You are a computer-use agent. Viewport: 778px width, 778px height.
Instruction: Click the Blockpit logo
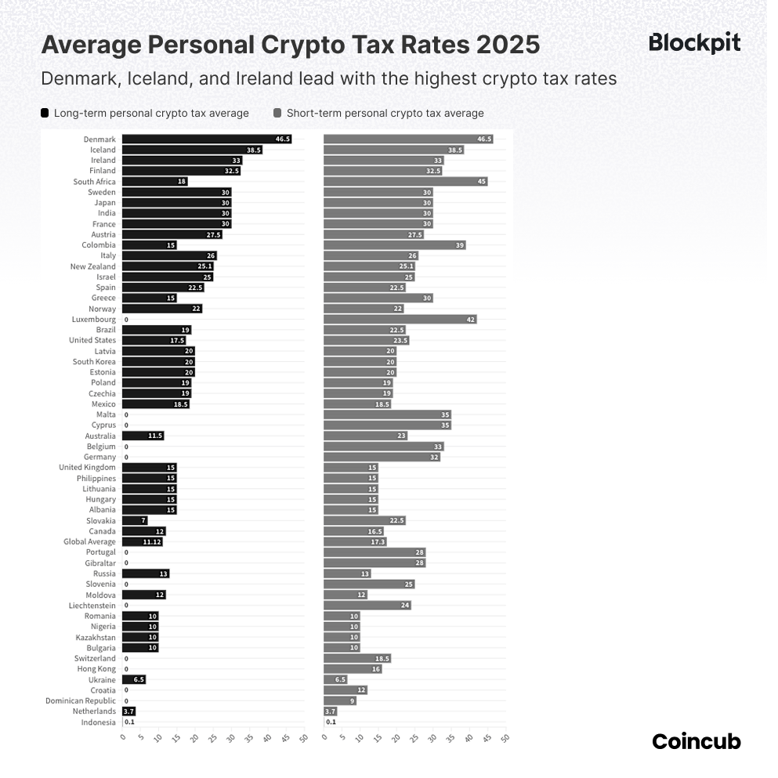[x=694, y=43]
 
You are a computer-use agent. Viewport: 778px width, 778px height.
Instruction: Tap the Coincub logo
[x=696, y=741]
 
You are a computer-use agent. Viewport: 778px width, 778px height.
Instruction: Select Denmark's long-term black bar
[x=206, y=139]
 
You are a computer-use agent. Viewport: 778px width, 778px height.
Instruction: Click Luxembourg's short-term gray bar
[x=400, y=320]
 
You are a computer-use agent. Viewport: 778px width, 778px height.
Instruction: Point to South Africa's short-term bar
[x=405, y=182]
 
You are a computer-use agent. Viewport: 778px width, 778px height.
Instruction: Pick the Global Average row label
[x=89, y=542]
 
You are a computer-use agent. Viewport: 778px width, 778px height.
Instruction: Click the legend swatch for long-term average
[x=45, y=113]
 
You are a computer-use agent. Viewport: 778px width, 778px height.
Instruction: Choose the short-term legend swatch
[x=277, y=113]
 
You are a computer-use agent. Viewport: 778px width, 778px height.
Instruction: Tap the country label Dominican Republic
[x=81, y=701]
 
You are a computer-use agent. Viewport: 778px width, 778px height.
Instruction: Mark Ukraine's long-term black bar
[x=133, y=680]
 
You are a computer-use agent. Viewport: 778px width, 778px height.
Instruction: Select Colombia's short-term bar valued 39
[x=394, y=245]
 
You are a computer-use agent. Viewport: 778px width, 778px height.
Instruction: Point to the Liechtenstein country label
[x=92, y=606]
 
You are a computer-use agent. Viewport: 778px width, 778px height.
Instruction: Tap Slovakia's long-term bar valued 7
[x=135, y=521]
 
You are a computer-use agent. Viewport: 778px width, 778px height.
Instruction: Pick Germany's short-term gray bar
[x=382, y=458]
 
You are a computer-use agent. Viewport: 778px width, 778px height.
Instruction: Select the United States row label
[x=92, y=341]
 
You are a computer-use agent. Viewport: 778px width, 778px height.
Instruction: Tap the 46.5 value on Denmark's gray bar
[x=483, y=139]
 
